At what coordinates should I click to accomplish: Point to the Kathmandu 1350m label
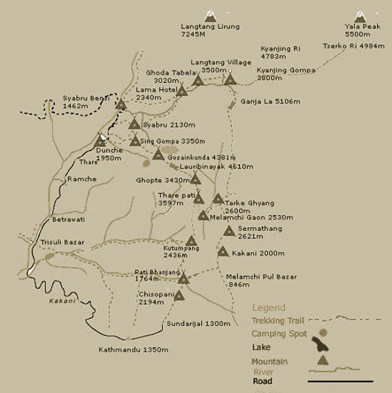tap(133, 350)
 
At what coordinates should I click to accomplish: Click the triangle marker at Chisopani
tap(179, 296)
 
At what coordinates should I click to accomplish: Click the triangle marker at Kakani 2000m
tap(222, 251)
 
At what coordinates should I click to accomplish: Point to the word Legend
tap(269, 308)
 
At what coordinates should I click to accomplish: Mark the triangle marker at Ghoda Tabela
tap(182, 90)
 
